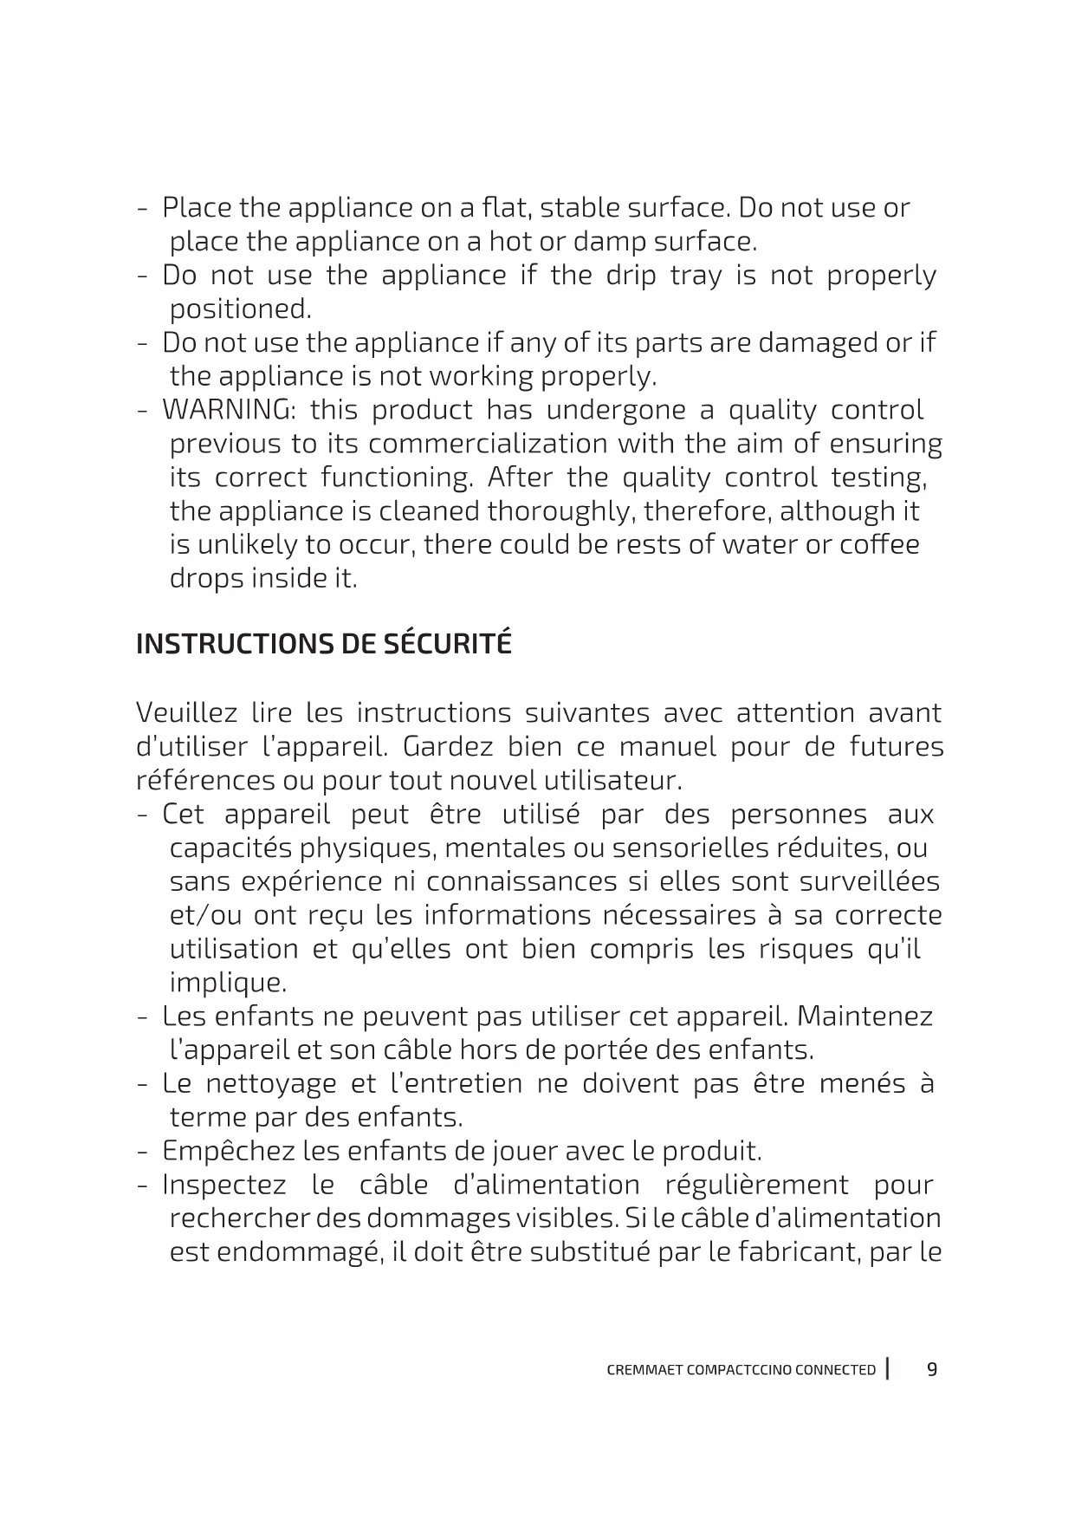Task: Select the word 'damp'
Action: click(608, 241)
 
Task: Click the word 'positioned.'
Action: click(240, 309)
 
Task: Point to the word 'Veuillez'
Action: click(186, 713)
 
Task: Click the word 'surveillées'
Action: click(869, 882)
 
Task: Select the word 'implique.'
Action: click(228, 984)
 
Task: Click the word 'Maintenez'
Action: click(865, 1017)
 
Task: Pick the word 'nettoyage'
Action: click(271, 1084)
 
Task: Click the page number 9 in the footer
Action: click(932, 1370)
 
